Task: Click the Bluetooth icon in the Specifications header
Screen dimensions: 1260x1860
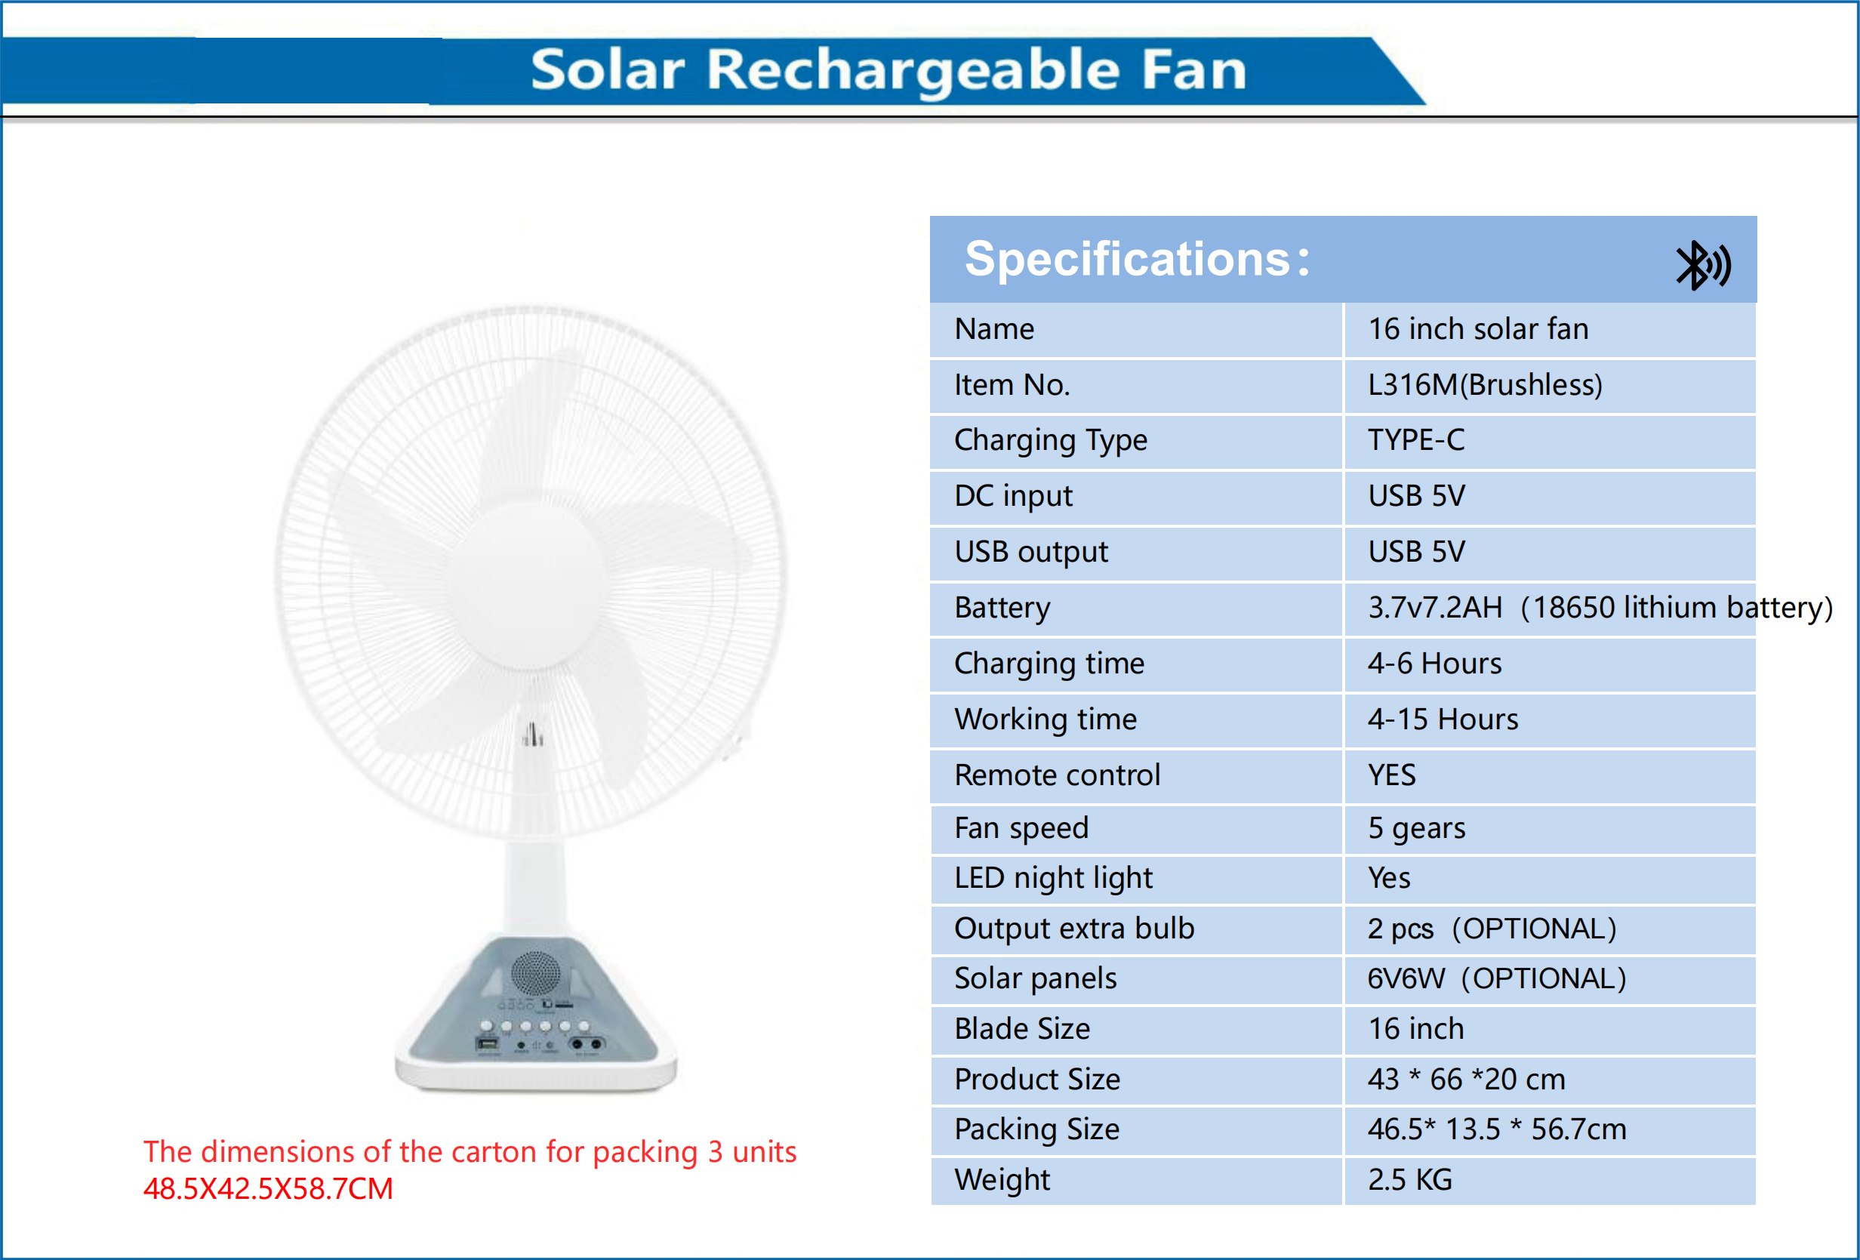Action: click(1702, 265)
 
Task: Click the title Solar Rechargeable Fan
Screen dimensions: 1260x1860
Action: click(888, 70)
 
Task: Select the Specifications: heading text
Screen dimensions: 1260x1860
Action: click(1137, 260)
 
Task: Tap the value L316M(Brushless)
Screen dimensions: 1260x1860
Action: click(1485, 385)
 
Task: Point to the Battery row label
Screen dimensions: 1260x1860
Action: click(1002, 608)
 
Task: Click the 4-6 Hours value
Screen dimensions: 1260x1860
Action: click(1434, 664)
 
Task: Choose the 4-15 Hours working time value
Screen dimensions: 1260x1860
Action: click(1443, 719)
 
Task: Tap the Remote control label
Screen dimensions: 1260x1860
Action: click(1057, 775)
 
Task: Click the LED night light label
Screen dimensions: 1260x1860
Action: click(1053, 878)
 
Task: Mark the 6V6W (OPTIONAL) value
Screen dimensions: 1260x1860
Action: click(1496, 978)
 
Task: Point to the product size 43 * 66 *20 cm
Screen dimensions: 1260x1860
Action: click(1465, 1079)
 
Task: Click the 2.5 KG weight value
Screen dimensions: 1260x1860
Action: click(1409, 1179)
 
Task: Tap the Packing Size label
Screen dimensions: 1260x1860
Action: click(1036, 1129)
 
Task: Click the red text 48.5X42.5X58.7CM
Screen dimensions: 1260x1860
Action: click(268, 1189)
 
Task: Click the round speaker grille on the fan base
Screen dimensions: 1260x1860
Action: click(534, 973)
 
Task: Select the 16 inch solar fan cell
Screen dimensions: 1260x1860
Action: click(1477, 329)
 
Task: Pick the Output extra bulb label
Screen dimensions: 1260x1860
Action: click(1073, 929)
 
